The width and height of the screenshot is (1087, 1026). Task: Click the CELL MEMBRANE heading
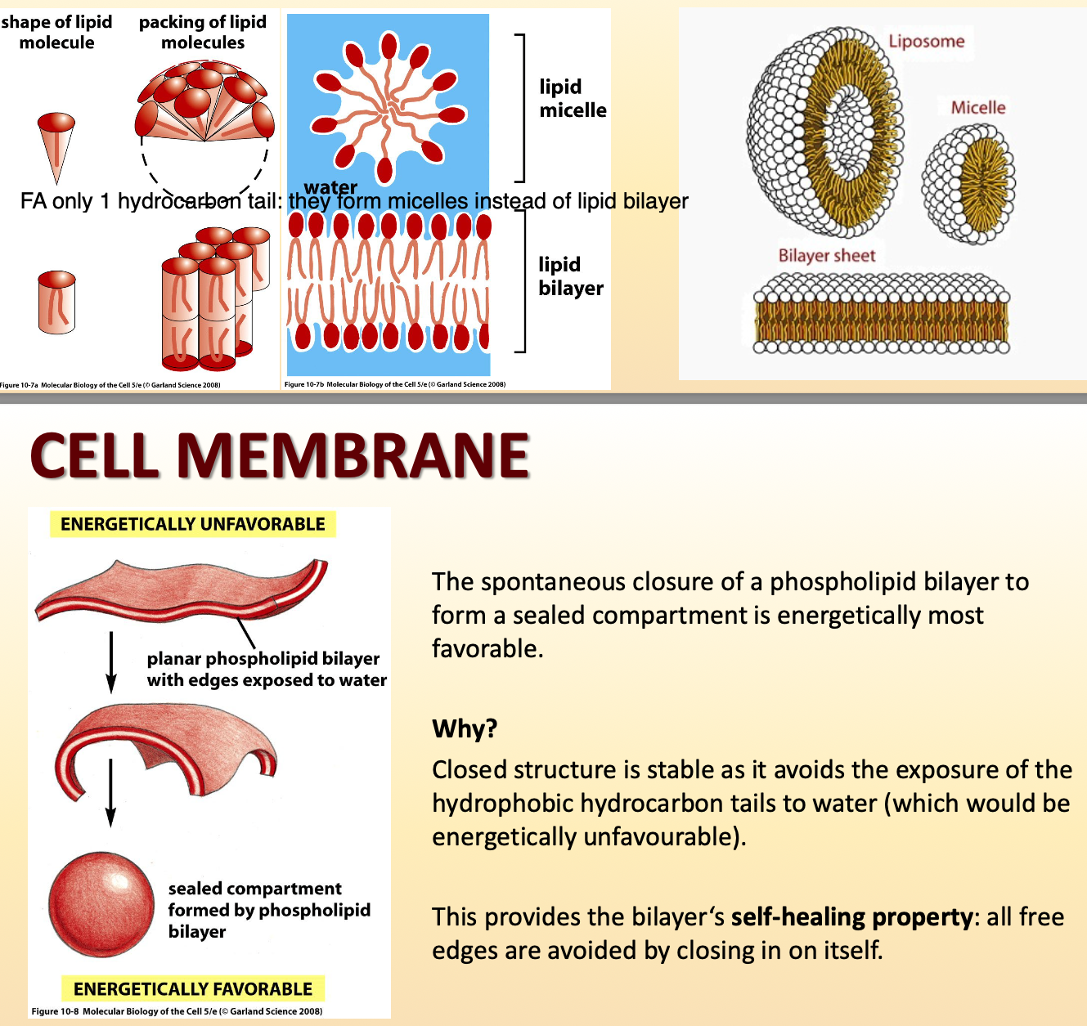tap(280, 455)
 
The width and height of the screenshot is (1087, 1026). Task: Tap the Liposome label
tap(926, 41)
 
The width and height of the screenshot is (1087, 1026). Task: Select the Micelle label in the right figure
tap(977, 107)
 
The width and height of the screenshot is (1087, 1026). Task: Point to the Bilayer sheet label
tap(826, 255)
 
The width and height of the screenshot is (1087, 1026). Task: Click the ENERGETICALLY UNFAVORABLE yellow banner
tap(193, 524)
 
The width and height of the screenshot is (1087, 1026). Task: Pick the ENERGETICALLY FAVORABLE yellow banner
tap(193, 988)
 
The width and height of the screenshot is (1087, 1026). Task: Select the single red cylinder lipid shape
tap(56, 302)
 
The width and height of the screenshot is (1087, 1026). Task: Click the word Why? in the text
tap(465, 728)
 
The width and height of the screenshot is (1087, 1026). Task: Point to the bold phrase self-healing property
tap(851, 916)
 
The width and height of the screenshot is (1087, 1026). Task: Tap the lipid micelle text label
tap(573, 98)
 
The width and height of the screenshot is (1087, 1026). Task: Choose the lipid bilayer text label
tap(570, 276)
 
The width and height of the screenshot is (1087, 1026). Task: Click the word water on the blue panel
tap(330, 187)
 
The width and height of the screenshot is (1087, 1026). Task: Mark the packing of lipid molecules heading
tap(203, 32)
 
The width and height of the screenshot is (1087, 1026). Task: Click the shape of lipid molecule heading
tap(56, 32)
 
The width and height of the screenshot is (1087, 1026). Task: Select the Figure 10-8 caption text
tap(177, 1011)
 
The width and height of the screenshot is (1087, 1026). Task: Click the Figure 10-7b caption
tap(394, 384)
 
